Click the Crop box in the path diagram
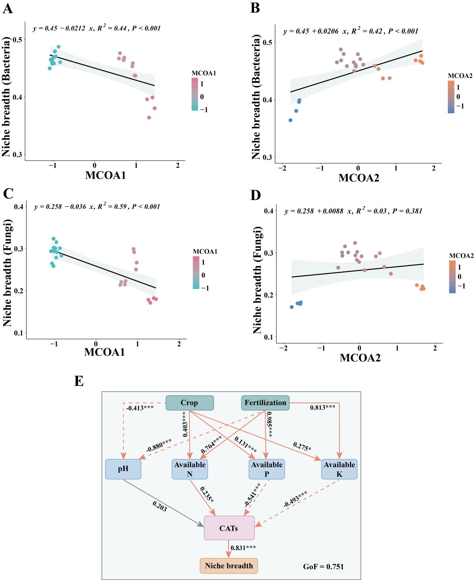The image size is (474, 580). pos(189,403)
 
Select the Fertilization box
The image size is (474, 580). pos(265,403)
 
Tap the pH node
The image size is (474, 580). pos(123,469)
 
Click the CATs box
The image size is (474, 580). pos(229,528)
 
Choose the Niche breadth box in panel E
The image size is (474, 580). pos(229,566)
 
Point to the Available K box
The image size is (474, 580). pos(339,469)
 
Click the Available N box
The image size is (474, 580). pos(190,469)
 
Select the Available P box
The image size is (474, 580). pos(267,469)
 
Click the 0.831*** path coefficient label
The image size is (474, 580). pos(243,548)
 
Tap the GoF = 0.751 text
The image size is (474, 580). pos(323,567)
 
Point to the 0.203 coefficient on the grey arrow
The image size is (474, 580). pos(159,506)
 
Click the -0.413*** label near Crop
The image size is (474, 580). pos(140,408)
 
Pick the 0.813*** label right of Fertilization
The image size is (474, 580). pos(322,407)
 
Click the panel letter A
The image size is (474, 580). pos(7,8)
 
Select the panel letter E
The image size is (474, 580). pos(79,381)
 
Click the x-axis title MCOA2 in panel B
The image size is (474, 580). pos(359,178)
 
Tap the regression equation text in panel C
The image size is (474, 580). pos(97,207)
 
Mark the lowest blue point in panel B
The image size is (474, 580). pos(290,120)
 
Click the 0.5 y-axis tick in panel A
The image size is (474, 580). pos(18,40)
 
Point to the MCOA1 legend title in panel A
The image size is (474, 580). pos(204,73)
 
